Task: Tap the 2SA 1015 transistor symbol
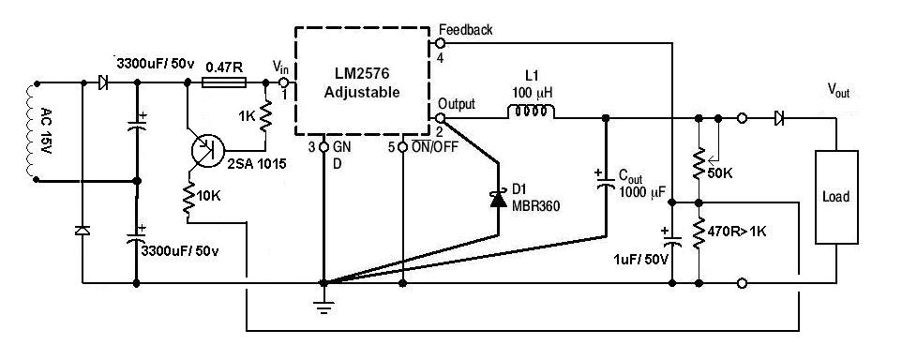pyautogui.click(x=207, y=149)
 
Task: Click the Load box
pyautogui.click(x=836, y=197)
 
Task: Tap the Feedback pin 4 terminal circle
pyautogui.click(x=441, y=42)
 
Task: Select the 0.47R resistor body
pyautogui.click(x=225, y=83)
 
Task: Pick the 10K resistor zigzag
pyautogui.click(x=188, y=199)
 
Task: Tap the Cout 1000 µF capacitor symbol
pyautogui.click(x=605, y=179)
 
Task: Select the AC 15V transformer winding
pyautogui.click(x=30, y=131)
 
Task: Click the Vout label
pyautogui.click(x=837, y=90)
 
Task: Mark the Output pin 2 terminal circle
pyautogui.click(x=441, y=118)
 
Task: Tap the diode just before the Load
pyautogui.click(x=779, y=118)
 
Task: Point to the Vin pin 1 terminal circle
pyautogui.click(x=284, y=83)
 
